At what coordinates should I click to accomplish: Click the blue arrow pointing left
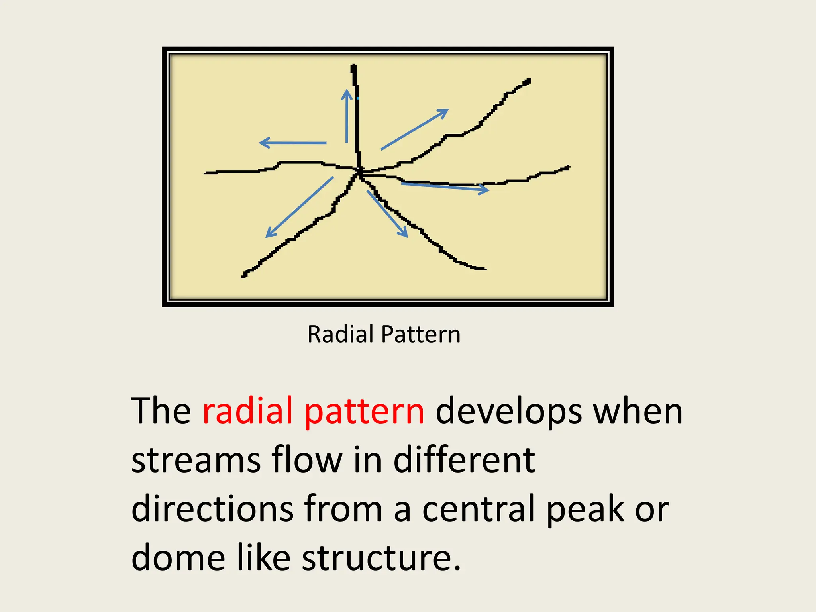pyautogui.click(x=293, y=143)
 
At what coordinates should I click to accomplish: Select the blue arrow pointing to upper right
pyautogui.click(x=414, y=130)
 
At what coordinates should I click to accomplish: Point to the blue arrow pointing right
pyautogui.click(x=444, y=187)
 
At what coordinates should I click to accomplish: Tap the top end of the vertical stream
pyautogui.click(x=353, y=67)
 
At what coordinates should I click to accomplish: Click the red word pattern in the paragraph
pyautogui.click(x=364, y=411)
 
